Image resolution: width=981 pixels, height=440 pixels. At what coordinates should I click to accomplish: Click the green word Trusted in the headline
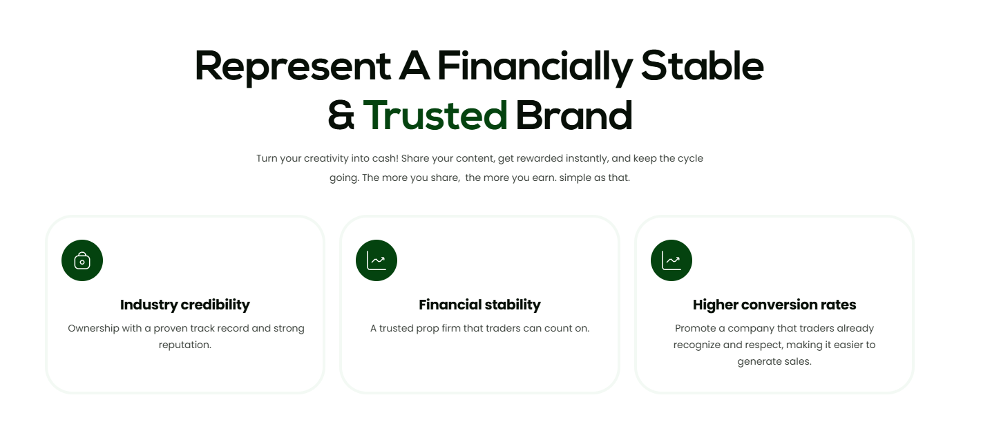click(435, 115)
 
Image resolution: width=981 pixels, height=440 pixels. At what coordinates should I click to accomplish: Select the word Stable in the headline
click(702, 67)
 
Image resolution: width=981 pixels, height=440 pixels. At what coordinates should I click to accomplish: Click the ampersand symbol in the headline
click(341, 116)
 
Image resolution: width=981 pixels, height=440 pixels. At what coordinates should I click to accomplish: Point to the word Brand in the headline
click(573, 115)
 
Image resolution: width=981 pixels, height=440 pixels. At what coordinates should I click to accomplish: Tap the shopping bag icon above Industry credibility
click(82, 260)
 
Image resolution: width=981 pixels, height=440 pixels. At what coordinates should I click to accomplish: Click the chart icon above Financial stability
click(377, 260)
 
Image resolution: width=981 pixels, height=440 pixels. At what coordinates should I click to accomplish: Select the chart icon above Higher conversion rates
click(672, 260)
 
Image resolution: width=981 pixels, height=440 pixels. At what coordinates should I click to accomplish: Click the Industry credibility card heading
click(185, 305)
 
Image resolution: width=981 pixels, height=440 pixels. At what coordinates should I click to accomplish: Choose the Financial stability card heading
click(479, 305)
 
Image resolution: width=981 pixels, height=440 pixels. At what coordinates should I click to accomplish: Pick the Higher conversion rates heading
click(774, 305)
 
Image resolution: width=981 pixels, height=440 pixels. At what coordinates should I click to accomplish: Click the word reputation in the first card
click(185, 345)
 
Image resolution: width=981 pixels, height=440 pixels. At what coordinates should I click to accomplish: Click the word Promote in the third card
click(694, 328)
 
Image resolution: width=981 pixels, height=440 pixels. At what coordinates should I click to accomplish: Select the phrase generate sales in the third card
click(774, 361)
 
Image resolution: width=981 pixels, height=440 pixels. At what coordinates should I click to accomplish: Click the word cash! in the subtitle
click(384, 158)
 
